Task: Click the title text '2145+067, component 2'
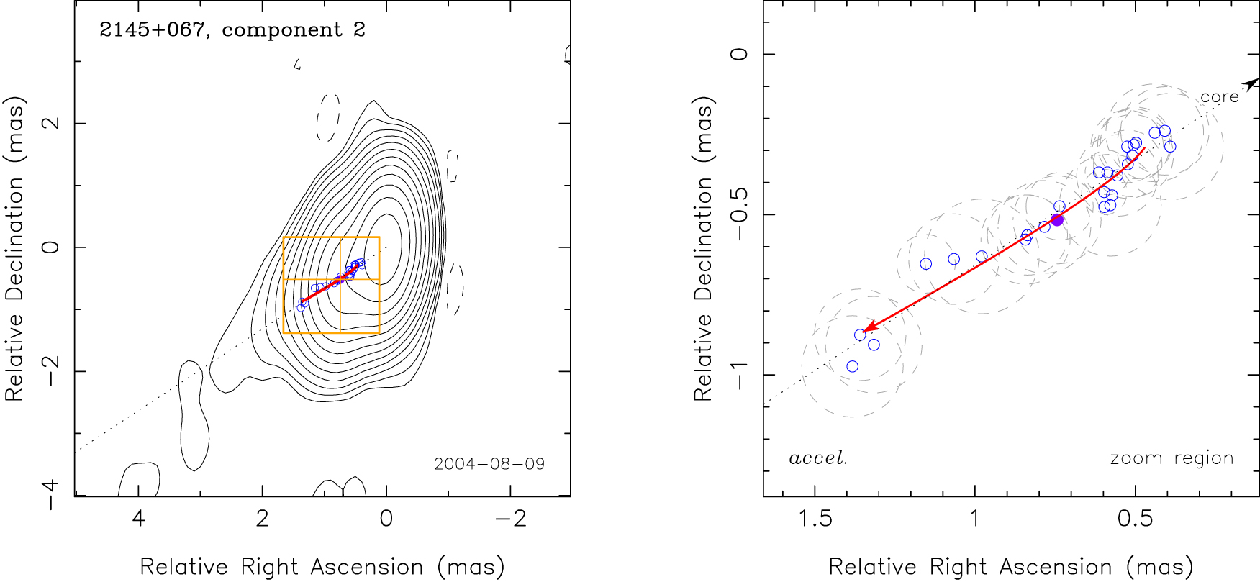[232, 30]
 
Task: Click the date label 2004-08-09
[489, 464]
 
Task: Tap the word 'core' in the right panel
[1219, 97]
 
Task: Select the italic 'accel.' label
[818, 458]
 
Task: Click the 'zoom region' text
[1171, 458]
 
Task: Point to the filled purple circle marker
[1057, 220]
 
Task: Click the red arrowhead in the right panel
[869, 328]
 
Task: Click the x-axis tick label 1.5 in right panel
[815, 519]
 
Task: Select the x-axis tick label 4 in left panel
[138, 519]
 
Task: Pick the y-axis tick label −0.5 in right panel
[740, 214]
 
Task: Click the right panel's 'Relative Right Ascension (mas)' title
[1011, 567]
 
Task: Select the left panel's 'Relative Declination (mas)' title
[15, 248]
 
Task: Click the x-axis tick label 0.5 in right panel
[1136, 519]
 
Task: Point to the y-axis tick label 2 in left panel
[51, 123]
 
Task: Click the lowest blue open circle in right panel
[853, 367]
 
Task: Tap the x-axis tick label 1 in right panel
[975, 519]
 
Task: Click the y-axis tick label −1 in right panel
[740, 375]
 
